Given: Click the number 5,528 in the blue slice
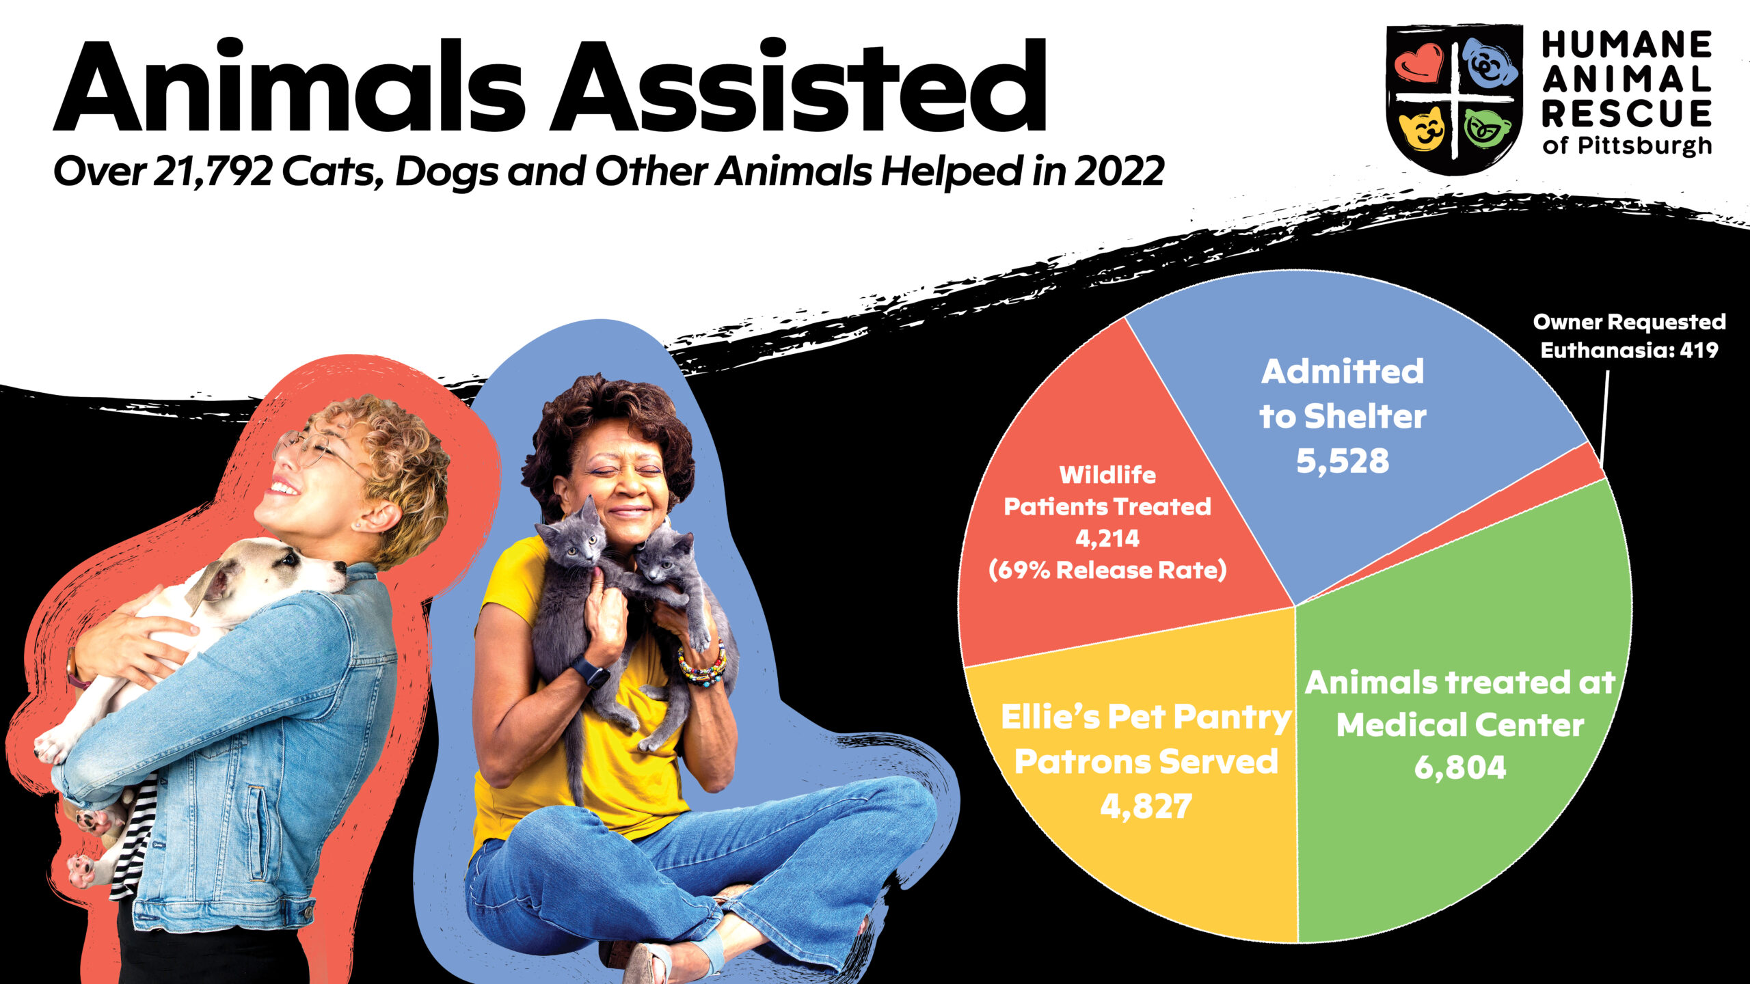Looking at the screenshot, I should tap(1343, 461).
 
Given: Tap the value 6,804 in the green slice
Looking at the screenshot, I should tap(1460, 767).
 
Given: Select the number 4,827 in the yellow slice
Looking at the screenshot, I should tap(1146, 806).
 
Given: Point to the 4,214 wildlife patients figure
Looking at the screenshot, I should tap(1107, 538).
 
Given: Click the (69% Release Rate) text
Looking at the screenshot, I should tap(1107, 570).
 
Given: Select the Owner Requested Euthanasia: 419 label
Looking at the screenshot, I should tap(1629, 336).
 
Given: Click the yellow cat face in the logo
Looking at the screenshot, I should tap(1422, 130).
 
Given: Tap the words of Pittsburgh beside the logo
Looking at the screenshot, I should tap(1627, 146).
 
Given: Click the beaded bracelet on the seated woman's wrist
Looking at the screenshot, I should tap(703, 667).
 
